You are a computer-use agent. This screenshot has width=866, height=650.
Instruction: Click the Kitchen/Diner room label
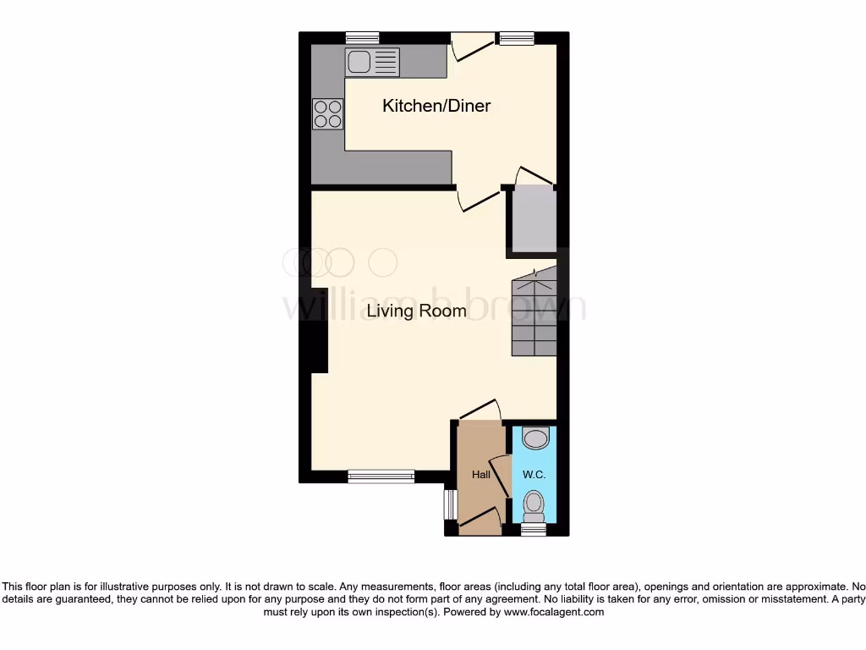pos(436,106)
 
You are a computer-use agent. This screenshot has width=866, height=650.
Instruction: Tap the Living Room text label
pos(416,311)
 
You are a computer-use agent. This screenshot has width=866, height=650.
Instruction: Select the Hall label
pos(481,475)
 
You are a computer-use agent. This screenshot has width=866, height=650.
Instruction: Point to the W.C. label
pos(533,475)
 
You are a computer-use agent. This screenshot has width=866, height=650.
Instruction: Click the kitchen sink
pos(371,61)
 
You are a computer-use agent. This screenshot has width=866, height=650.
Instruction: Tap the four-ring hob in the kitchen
pos(327,113)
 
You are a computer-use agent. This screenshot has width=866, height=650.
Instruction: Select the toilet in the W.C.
pos(533,506)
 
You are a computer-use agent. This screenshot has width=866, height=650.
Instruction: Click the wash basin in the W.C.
pos(534,438)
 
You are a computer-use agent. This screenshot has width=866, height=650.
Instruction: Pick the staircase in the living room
pos(534,313)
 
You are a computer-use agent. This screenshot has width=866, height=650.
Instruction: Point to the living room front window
pos(381,476)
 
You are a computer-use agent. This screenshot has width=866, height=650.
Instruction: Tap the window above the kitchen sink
pos(362,37)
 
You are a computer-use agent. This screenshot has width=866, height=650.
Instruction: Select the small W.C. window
pos(533,529)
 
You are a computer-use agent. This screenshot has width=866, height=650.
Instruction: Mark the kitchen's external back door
pos(470,47)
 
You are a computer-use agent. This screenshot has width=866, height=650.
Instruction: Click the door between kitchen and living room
pos(479,201)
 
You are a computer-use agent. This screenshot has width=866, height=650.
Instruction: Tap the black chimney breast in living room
pos(319,330)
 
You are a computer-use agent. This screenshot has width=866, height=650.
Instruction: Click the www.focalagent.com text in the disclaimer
pos(553,611)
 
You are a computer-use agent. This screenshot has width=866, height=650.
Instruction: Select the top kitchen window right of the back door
pos(515,37)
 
